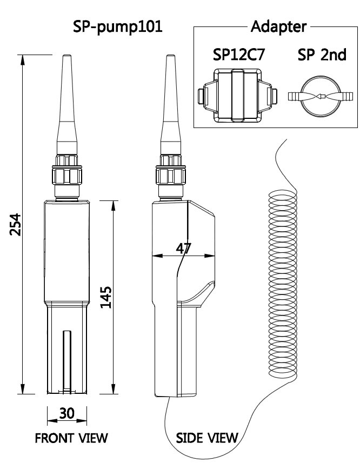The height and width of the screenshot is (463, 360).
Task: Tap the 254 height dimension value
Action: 15,224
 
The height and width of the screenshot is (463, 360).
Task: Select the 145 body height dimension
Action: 106,297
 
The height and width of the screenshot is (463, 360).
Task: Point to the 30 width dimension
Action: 67,413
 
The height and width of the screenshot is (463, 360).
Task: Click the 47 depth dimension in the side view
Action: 184,249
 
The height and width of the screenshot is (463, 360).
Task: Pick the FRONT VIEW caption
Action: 71,438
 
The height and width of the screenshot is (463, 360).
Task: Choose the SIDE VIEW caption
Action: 207,438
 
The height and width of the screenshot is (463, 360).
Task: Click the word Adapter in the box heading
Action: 278,26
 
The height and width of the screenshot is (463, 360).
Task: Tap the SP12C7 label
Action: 239,55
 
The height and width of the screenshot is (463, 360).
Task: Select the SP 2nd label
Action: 322,55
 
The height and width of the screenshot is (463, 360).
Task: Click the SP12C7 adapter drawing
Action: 237,96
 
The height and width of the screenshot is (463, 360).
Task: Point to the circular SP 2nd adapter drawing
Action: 320,96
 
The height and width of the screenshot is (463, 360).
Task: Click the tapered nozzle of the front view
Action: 67,105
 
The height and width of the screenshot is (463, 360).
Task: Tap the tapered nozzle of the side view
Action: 171,105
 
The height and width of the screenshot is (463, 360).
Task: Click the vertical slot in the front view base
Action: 67,362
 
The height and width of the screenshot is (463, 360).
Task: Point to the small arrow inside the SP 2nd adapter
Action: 321,96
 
